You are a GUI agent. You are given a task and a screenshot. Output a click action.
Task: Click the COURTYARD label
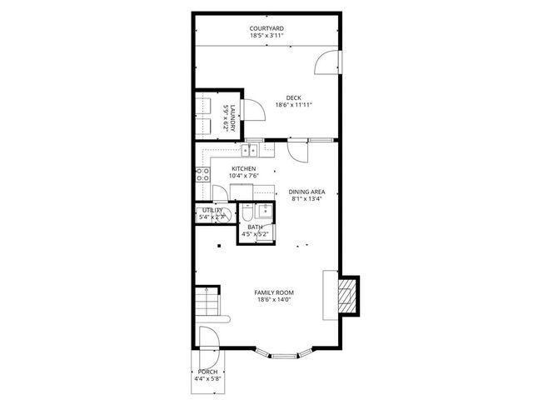[x=267, y=28]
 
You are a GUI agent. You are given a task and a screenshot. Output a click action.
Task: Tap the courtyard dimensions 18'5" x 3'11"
[x=267, y=36]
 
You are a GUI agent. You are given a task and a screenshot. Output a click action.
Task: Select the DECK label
[x=292, y=97]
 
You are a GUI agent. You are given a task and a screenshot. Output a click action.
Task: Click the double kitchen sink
[x=250, y=150]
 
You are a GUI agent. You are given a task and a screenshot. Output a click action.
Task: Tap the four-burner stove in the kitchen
[x=202, y=174]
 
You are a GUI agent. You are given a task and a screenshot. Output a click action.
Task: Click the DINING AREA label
[x=306, y=192]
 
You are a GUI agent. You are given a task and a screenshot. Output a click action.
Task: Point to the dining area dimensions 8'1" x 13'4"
[x=306, y=199]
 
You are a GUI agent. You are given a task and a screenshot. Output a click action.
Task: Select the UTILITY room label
[x=212, y=210]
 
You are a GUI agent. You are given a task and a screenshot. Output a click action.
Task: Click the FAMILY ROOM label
[x=274, y=292]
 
